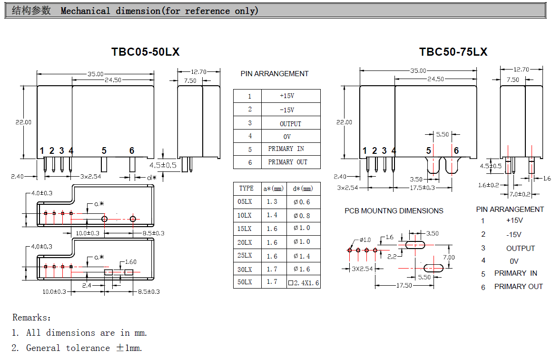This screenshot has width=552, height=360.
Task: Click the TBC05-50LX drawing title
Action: pyautogui.click(x=145, y=52)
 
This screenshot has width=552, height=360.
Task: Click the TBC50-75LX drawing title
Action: pyautogui.click(x=453, y=52)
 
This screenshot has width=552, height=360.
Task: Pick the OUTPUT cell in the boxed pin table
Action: pyautogui.click(x=290, y=124)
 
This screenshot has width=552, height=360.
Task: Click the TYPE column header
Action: pyautogui.click(x=246, y=189)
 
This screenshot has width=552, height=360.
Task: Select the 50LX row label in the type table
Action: pyautogui.click(x=245, y=282)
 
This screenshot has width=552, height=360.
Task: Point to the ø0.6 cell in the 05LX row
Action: pyautogui.click(x=302, y=202)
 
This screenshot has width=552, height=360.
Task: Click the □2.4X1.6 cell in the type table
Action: pyautogui.click(x=304, y=283)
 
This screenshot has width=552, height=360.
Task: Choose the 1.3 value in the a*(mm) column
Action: pyautogui.click(x=272, y=202)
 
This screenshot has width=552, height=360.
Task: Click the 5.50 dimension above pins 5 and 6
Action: pyautogui.click(x=443, y=135)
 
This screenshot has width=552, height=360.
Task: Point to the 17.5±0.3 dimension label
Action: pyautogui.click(x=422, y=188)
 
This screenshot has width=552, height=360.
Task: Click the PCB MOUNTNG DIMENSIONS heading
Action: pyautogui.click(x=394, y=211)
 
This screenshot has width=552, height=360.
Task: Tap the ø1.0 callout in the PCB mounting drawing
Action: pyautogui.click(x=365, y=240)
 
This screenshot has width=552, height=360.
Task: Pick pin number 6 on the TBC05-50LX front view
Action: pyautogui.click(x=132, y=151)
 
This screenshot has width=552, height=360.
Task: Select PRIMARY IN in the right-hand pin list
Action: pyautogui.click(x=515, y=273)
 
